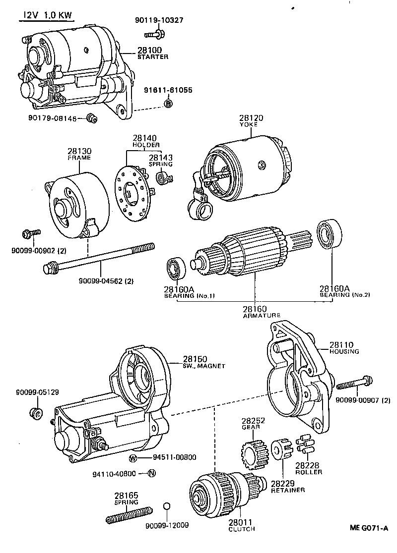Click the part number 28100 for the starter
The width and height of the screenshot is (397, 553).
(x=150, y=50)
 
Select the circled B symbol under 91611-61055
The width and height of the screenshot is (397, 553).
(x=169, y=104)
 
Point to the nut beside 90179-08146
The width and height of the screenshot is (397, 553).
(x=92, y=118)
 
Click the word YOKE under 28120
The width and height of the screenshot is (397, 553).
(x=248, y=124)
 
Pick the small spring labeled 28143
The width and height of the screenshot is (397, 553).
(x=164, y=177)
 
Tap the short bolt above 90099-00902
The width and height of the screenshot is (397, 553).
(x=31, y=233)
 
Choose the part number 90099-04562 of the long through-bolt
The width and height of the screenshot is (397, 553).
(x=101, y=281)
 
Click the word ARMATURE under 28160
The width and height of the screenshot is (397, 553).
(x=262, y=316)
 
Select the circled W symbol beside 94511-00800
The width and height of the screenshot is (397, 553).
(x=133, y=458)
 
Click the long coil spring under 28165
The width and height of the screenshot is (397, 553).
(x=129, y=515)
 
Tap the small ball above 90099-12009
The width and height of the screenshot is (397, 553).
(x=167, y=506)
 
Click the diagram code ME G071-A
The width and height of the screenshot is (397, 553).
(x=369, y=528)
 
